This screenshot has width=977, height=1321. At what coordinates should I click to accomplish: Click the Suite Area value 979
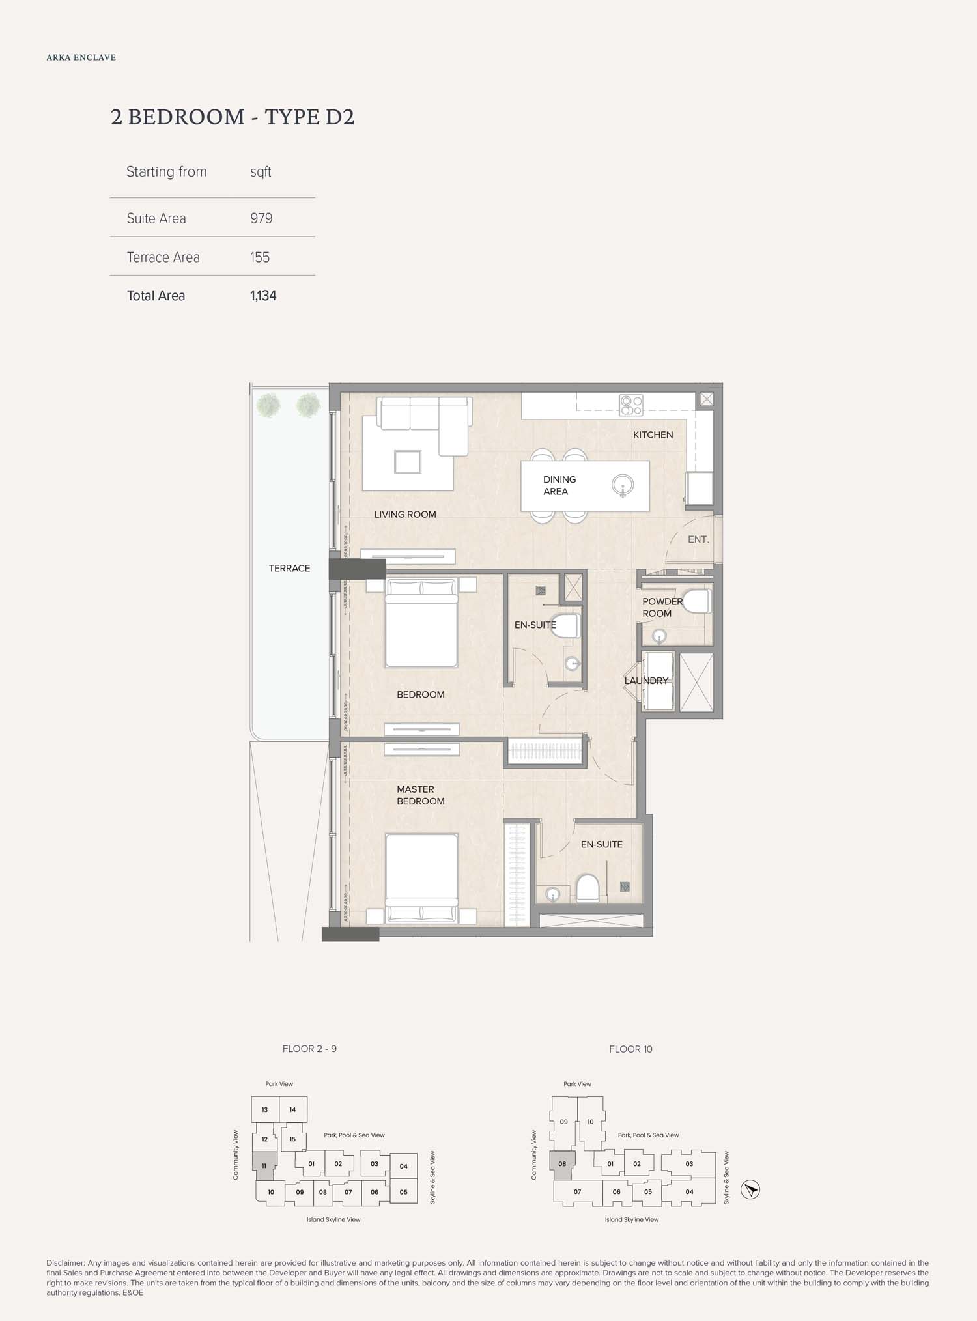(x=261, y=218)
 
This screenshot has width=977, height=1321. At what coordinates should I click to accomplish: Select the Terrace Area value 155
(x=260, y=257)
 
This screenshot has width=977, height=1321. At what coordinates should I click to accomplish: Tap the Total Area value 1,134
(x=263, y=296)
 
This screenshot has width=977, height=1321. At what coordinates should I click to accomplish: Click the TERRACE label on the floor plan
(x=289, y=569)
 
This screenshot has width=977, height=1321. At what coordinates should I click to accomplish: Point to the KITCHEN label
(x=653, y=434)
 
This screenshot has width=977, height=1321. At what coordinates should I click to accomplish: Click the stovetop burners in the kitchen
(x=630, y=405)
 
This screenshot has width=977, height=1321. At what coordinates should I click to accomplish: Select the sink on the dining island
(x=623, y=486)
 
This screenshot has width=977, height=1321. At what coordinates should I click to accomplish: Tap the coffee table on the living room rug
(x=408, y=462)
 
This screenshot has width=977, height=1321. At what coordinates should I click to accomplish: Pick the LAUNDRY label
(x=646, y=681)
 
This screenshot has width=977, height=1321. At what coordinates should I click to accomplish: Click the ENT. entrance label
(x=698, y=539)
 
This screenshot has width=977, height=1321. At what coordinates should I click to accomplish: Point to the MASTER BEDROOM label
(x=421, y=795)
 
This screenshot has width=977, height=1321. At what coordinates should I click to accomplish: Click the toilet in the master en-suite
(x=588, y=887)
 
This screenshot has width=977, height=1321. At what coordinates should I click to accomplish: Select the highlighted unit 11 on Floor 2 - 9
(x=265, y=1166)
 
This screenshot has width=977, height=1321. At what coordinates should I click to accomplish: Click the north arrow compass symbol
(x=750, y=1189)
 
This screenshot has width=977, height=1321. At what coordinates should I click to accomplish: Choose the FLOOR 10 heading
(x=630, y=1049)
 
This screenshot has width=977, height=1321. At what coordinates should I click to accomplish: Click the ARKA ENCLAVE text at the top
(x=81, y=57)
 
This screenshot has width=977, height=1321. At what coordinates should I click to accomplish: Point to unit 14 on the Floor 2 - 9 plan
(x=293, y=1110)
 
